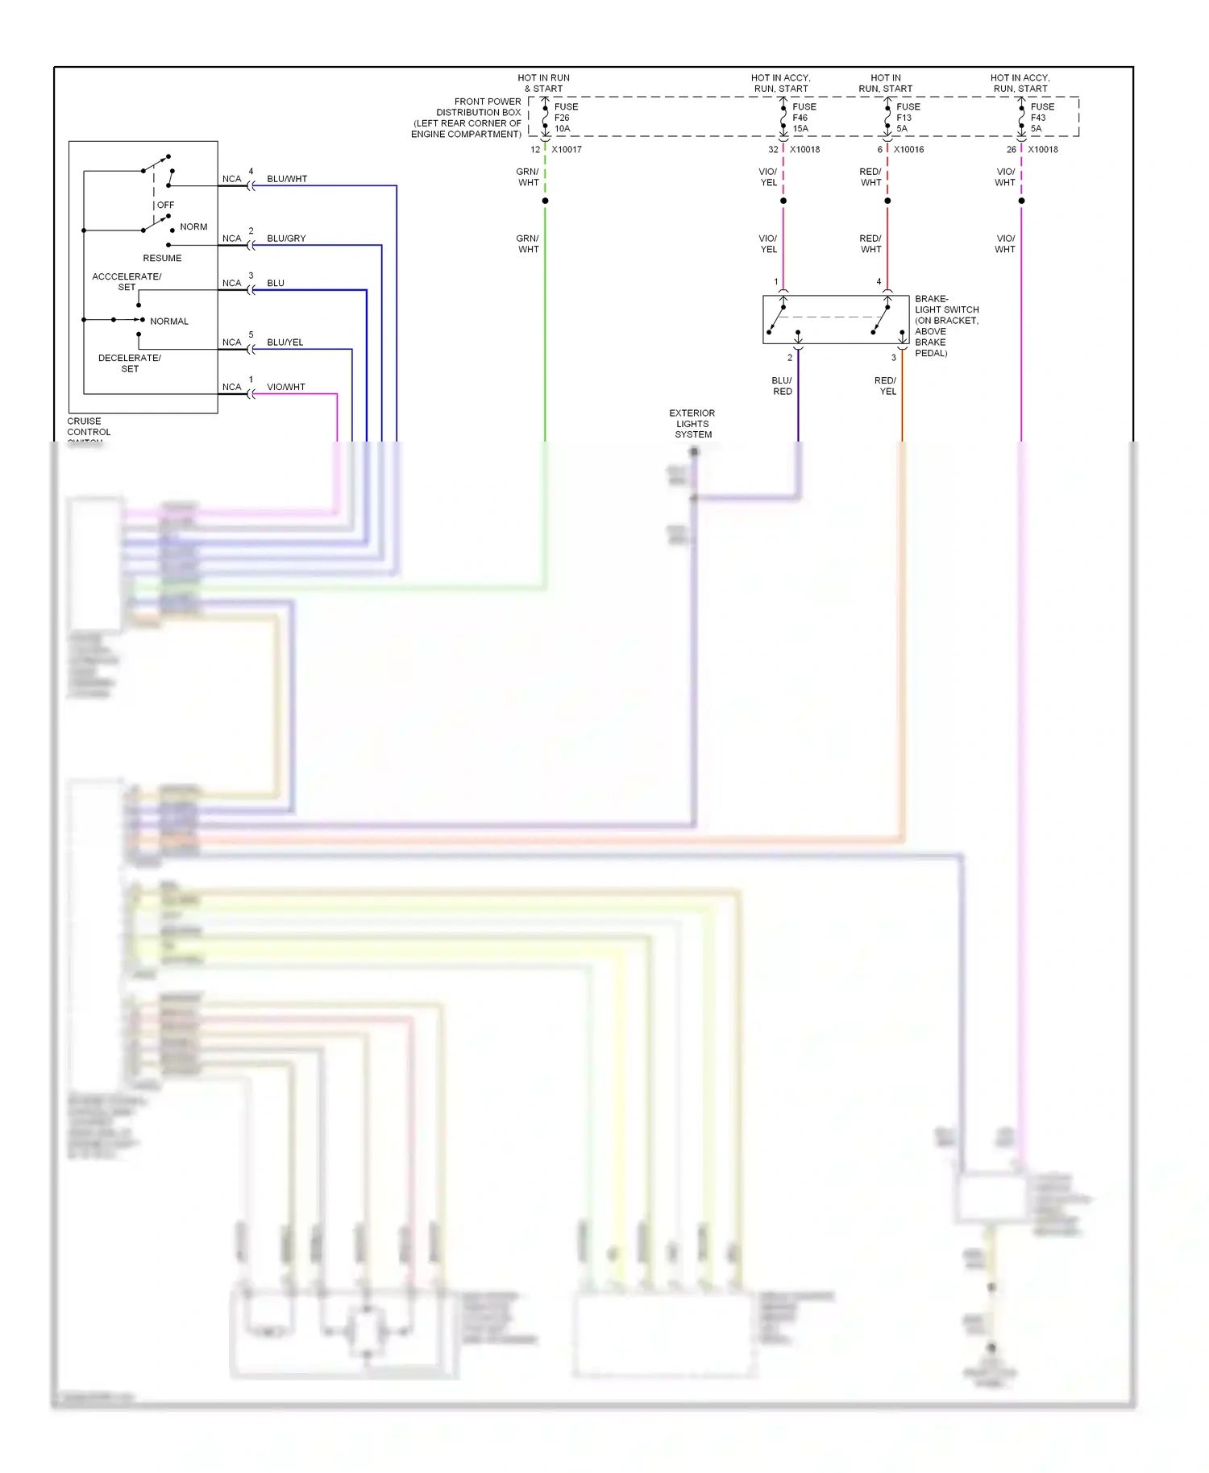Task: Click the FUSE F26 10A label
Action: (565, 118)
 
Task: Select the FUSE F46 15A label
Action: (804, 118)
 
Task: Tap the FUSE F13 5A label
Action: (908, 118)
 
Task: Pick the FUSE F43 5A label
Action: (1041, 118)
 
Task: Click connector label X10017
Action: (566, 150)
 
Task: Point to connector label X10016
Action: (908, 150)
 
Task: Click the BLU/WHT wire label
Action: (287, 179)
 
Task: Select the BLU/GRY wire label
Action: (286, 239)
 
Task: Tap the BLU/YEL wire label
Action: (285, 342)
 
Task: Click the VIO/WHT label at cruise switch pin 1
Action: (286, 388)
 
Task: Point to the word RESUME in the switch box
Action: (162, 259)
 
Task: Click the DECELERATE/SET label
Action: (130, 363)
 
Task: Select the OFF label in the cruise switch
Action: (165, 205)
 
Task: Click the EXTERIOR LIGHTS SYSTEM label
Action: (692, 424)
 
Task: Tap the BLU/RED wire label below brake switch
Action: (782, 386)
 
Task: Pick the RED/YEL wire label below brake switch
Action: (886, 386)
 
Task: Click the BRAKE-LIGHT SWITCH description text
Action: (945, 326)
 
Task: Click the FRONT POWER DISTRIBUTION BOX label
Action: (467, 118)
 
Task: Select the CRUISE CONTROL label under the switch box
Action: (89, 427)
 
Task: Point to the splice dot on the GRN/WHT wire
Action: (545, 201)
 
